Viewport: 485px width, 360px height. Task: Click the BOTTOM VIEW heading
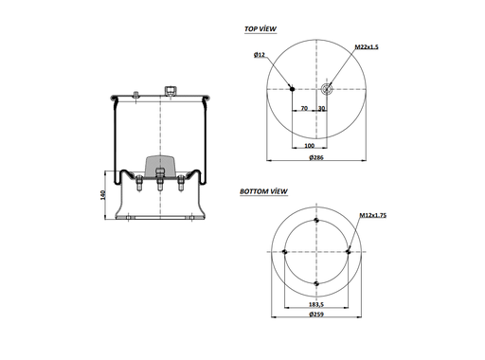coord(264,192)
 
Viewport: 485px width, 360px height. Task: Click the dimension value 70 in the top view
coord(304,109)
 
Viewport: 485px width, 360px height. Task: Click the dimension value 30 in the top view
coord(322,109)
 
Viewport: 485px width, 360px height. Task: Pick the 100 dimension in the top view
coord(309,146)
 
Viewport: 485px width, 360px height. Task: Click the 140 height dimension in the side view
coord(101,194)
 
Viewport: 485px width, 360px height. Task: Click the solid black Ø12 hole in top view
coord(292,90)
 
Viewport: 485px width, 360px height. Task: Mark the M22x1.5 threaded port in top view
coord(327,90)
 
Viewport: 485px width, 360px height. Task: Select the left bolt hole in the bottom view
coord(284,251)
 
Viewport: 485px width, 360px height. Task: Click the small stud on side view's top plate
coord(137,93)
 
